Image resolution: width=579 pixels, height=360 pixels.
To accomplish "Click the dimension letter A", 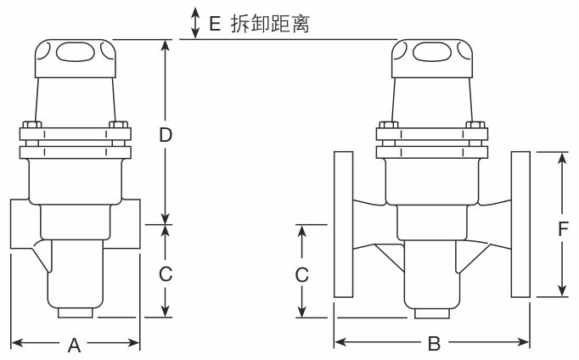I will click(x=75, y=345).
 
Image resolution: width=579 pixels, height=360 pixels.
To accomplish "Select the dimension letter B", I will click(x=434, y=345).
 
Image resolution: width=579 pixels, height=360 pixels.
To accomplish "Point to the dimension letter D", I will click(x=166, y=134).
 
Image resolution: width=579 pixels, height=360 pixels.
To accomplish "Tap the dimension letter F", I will click(x=563, y=228).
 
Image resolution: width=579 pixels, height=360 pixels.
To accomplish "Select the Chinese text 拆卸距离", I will click(x=271, y=24).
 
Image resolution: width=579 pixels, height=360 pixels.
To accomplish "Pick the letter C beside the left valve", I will click(x=166, y=273).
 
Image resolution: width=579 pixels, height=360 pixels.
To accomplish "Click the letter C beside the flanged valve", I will click(x=301, y=274).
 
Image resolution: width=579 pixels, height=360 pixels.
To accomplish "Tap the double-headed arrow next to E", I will click(x=196, y=22).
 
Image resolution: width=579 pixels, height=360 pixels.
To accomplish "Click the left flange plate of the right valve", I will click(x=343, y=225).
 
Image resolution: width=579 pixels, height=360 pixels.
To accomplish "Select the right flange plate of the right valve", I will click(x=521, y=225).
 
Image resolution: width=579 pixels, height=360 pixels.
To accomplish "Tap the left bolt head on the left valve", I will click(x=31, y=127).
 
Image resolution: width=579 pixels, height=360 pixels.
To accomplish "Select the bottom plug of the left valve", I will click(x=75, y=313).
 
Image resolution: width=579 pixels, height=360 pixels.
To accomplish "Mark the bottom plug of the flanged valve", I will click(x=432, y=313).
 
